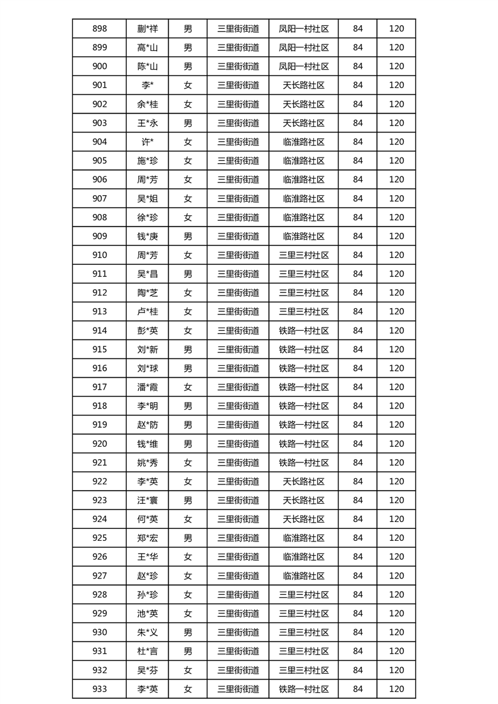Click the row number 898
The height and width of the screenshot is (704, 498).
[x=99, y=28]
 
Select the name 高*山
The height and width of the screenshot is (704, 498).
[x=148, y=47]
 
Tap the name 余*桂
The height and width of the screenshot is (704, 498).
[x=148, y=104]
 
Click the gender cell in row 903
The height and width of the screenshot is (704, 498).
[x=188, y=123]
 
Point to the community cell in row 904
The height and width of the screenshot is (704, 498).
[x=304, y=142]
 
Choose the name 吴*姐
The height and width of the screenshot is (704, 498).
[x=148, y=198]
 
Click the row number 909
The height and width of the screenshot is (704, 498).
[x=99, y=236]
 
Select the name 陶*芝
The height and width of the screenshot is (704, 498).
[x=148, y=292]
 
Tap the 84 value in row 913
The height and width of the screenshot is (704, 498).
[x=358, y=311]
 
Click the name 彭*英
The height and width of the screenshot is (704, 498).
[x=148, y=331]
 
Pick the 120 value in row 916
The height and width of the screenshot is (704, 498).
[x=396, y=368]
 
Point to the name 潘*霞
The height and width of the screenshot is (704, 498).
[x=148, y=387]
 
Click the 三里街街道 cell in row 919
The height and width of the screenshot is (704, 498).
[x=238, y=425]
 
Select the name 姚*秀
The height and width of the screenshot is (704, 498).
[x=148, y=462]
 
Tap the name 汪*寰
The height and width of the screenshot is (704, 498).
[x=148, y=500]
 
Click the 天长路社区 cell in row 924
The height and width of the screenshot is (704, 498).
[x=304, y=519]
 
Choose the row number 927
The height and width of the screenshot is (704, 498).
[x=99, y=575]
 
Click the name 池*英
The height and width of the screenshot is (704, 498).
[x=148, y=613]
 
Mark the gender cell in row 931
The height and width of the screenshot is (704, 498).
[x=188, y=651]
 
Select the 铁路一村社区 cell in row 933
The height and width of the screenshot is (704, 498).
[x=304, y=689]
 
